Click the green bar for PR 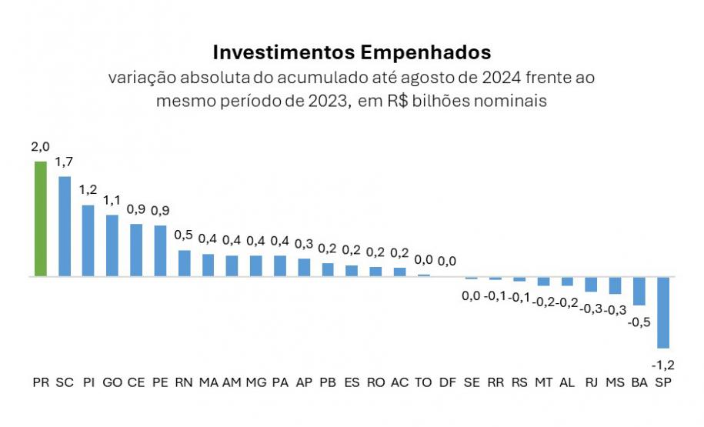tap(41, 219)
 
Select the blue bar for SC tap(65, 226)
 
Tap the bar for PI tap(88, 240)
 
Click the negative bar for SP tap(663, 312)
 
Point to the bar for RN tap(184, 262)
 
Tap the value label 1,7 tap(65, 163)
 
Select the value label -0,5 tap(639, 322)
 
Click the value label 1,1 tap(112, 201)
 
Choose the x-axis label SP tap(663, 382)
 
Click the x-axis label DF tap(447, 382)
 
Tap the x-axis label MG tap(256, 382)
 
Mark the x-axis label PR tap(41, 382)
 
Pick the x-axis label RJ tap(591, 382)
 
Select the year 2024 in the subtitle tap(502, 78)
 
